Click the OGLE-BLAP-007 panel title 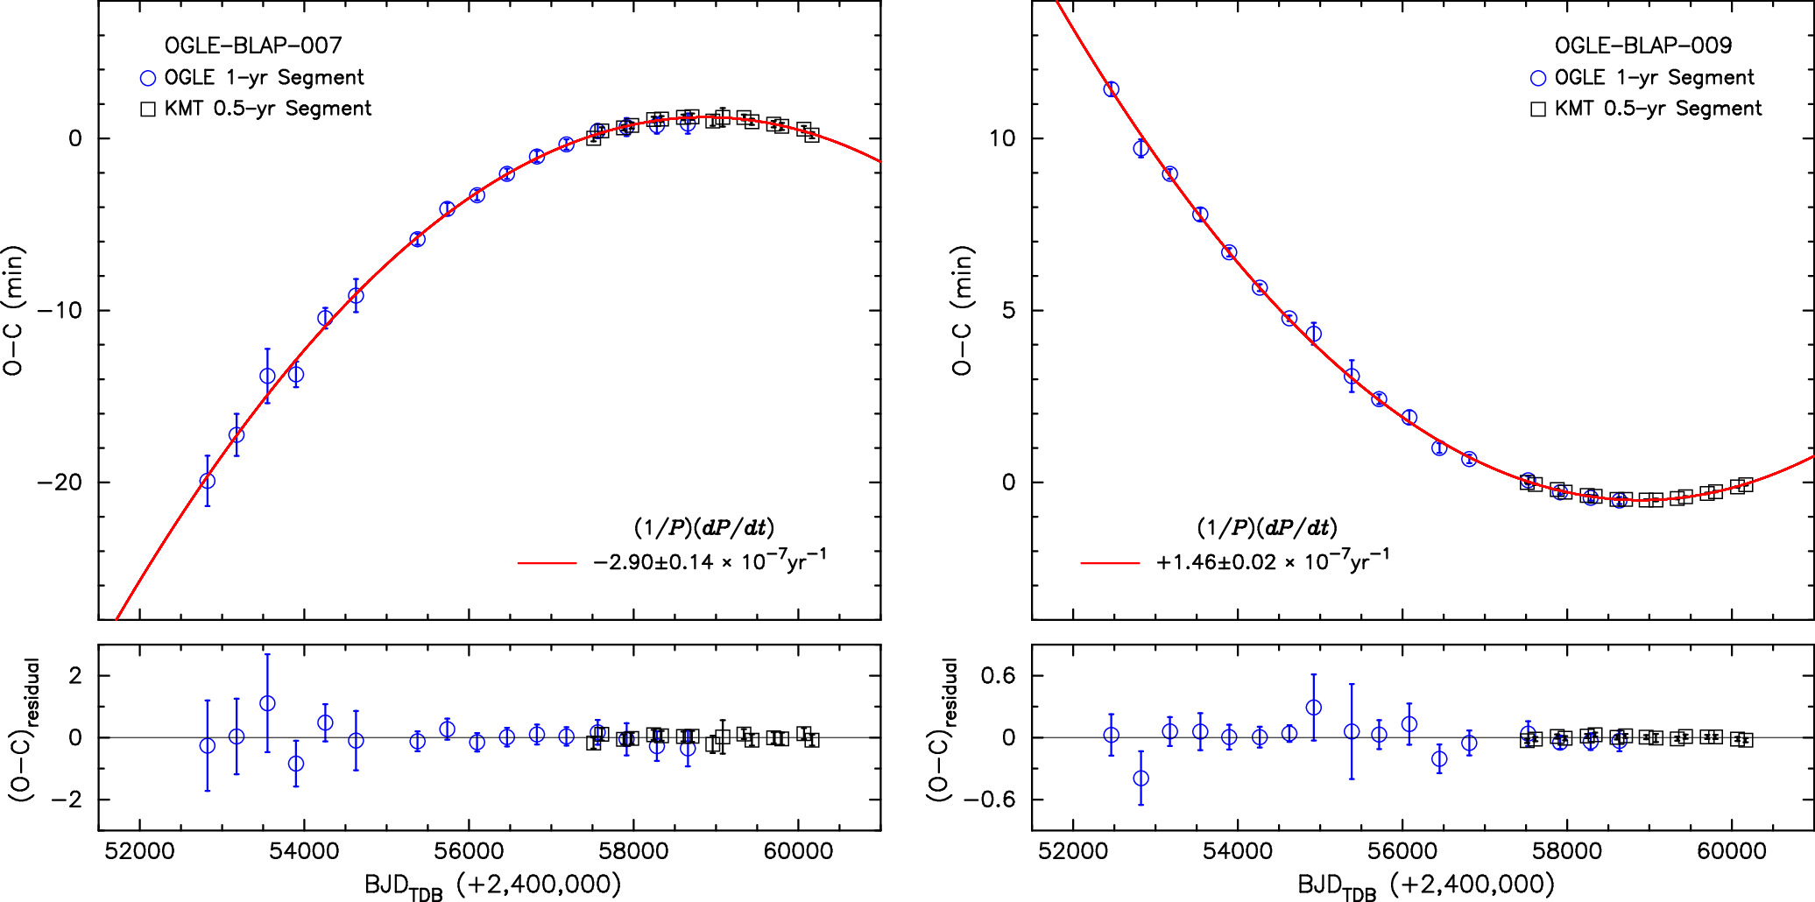[253, 46]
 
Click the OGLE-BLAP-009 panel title [1642, 46]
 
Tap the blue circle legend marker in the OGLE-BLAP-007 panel [148, 78]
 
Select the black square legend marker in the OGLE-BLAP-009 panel [1537, 109]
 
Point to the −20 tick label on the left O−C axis [59, 483]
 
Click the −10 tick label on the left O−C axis [59, 311]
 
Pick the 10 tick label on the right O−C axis [1002, 138]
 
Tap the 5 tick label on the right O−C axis [1009, 311]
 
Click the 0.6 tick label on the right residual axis [998, 676]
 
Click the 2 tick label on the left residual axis [75, 676]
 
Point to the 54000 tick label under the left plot [303, 852]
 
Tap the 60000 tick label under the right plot [1731, 852]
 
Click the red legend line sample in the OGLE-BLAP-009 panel [1110, 563]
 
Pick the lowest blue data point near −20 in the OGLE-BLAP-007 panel [207, 481]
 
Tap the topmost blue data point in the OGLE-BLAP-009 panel [1111, 89]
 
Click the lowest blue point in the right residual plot [1141, 778]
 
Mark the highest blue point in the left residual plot [267, 703]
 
